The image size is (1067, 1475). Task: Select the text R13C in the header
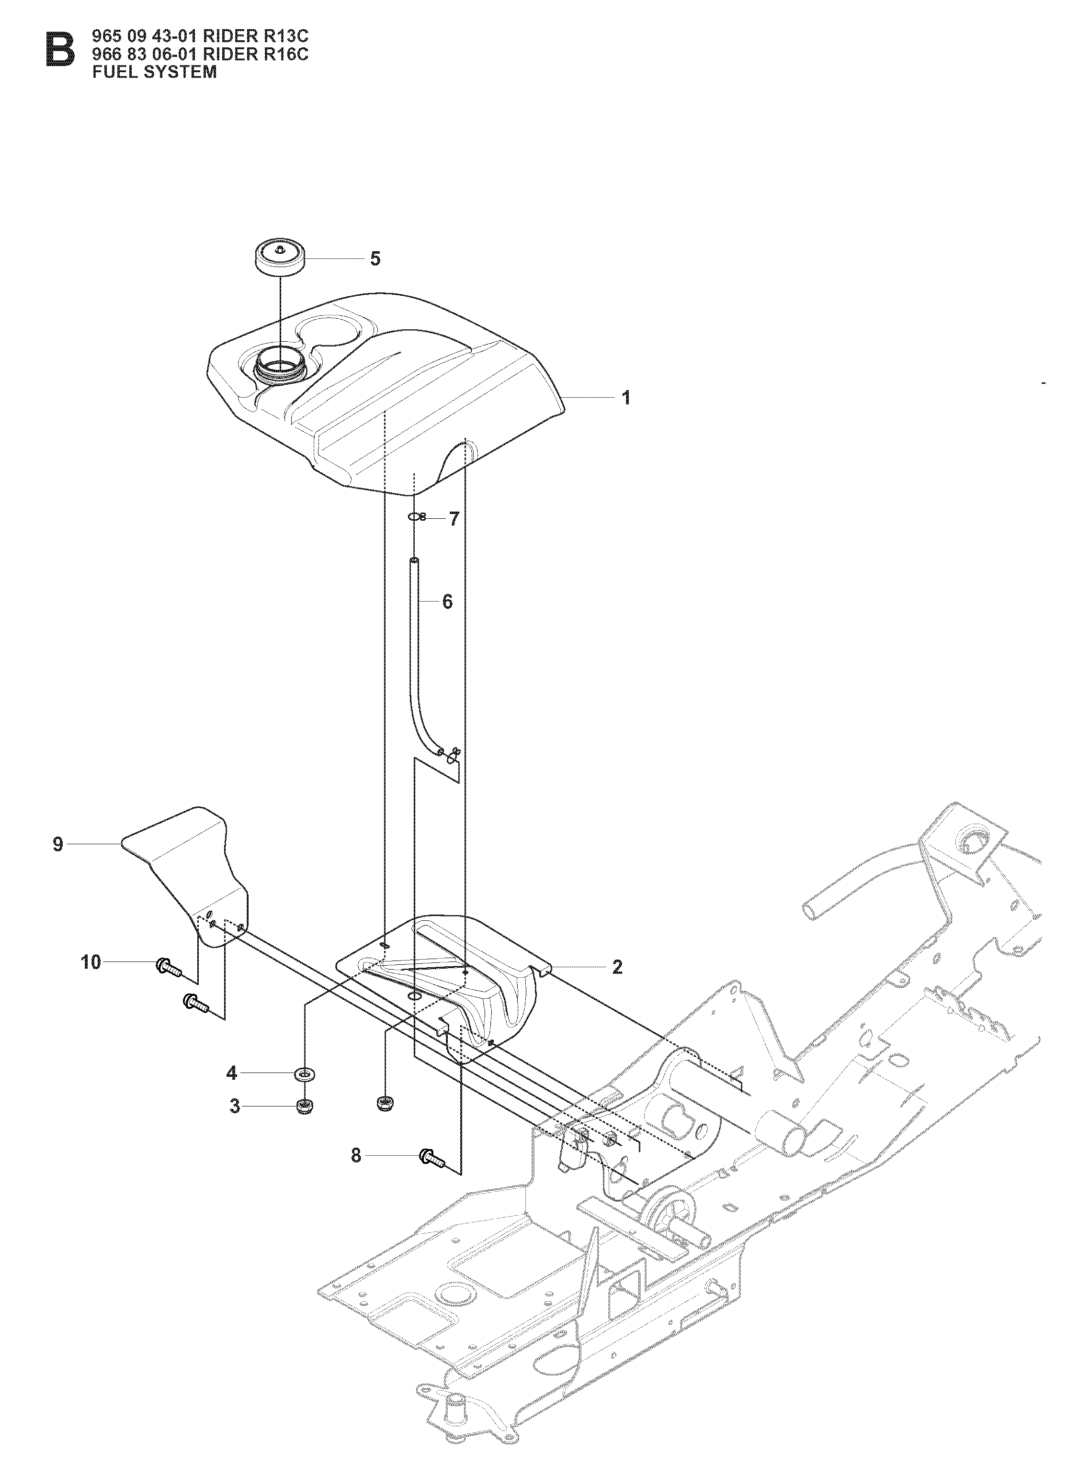281,38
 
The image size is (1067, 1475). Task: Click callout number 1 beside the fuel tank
626,397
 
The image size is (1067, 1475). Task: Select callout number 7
454,518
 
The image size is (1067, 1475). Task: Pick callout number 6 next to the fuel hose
447,602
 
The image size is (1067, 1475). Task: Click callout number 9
58,844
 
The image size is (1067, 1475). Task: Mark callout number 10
91,961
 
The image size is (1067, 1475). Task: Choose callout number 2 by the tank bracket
617,967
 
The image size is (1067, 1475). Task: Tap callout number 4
232,1073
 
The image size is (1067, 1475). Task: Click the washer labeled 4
303,1073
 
